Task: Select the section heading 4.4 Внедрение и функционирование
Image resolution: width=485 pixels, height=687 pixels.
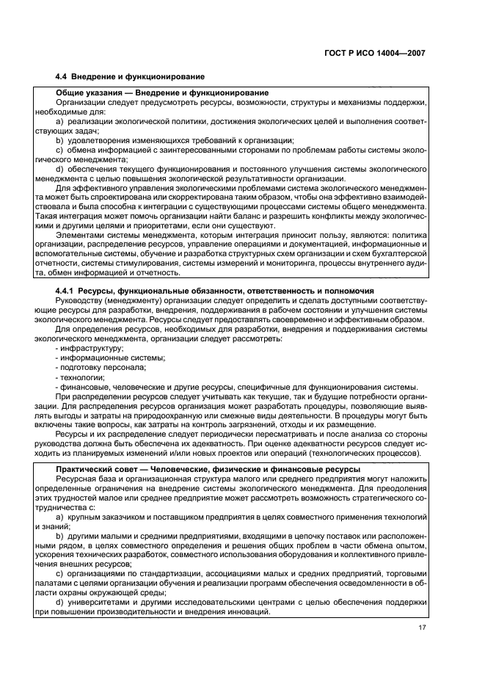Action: [130, 76]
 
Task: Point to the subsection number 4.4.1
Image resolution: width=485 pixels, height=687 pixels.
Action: [68, 291]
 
